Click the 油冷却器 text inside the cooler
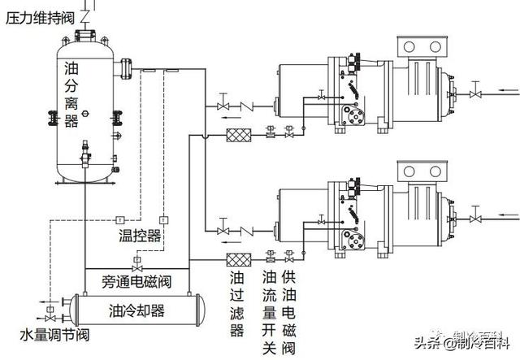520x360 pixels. [136, 310]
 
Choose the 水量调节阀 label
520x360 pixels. [32, 335]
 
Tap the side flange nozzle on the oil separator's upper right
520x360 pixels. [125, 68]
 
